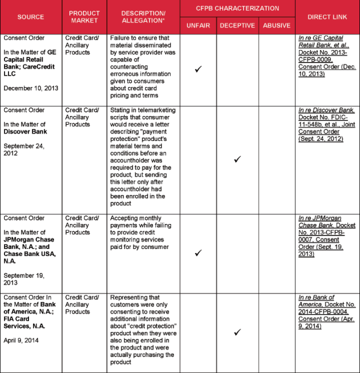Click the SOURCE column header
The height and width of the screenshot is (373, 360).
click(31, 16)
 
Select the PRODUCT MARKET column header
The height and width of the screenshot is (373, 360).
click(84, 16)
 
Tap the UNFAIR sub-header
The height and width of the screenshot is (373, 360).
click(198, 26)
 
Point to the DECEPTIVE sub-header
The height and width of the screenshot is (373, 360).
click(237, 26)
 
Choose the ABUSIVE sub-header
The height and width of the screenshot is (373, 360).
click(276, 26)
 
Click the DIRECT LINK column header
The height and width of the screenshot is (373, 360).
click(327, 16)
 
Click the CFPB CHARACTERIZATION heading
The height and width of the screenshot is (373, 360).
click(237, 9)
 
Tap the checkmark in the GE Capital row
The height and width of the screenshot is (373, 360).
click(198, 69)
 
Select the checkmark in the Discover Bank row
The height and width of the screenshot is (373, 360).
click(237, 159)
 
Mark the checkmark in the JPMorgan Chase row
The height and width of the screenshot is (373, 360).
click(198, 253)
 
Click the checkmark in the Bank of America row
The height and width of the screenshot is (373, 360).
click(237, 331)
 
